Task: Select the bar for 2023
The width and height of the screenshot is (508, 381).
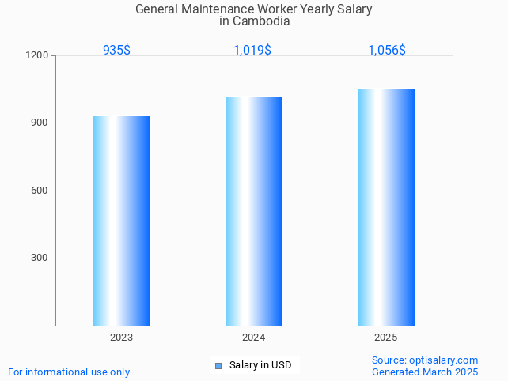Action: point(122,221)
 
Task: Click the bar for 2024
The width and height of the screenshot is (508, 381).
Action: point(254,211)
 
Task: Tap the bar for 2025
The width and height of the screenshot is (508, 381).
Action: point(386,206)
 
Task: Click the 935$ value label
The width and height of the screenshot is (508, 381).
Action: point(116,50)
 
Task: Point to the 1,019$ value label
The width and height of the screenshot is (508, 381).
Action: point(252,50)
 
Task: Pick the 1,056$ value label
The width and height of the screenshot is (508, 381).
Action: point(387,50)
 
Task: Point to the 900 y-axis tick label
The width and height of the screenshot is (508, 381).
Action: point(40,123)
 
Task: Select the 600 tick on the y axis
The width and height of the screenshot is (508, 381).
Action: point(40,190)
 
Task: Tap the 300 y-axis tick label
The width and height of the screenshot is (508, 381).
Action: point(40,258)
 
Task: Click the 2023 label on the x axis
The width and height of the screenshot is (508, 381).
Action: point(122,338)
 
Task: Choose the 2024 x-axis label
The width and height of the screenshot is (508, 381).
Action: point(254,338)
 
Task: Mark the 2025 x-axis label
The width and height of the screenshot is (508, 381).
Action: point(386,338)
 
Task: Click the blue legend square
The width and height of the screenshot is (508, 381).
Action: point(218,365)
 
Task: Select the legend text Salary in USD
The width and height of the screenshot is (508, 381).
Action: point(260,365)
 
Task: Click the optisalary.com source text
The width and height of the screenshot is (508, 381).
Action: point(425,360)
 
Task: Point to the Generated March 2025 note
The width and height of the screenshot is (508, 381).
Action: point(425,372)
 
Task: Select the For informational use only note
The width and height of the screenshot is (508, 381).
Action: point(69,372)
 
